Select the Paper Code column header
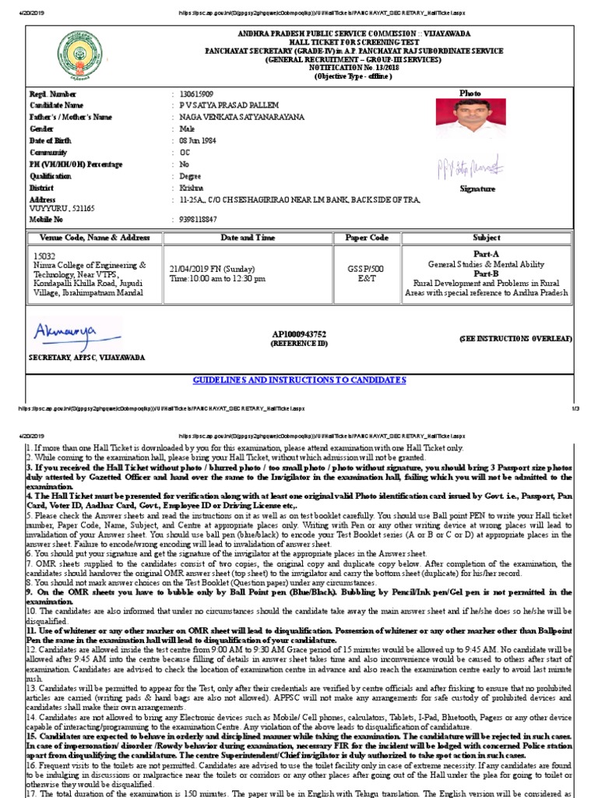(367, 237)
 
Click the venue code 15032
(44, 255)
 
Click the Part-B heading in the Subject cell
(487, 274)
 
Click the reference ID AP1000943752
(299, 334)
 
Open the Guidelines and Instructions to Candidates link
(299, 380)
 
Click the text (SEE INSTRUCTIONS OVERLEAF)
(515, 339)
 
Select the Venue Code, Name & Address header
(90, 237)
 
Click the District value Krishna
(191, 189)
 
